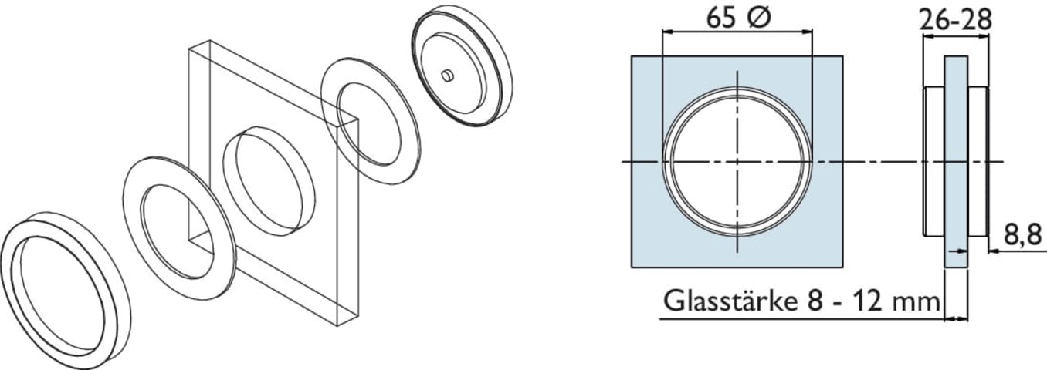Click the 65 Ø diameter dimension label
point(738,18)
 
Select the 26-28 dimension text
point(955,21)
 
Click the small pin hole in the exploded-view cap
point(448,75)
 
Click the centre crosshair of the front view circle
point(737,161)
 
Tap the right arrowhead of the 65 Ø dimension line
point(807,32)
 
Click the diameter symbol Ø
point(759,18)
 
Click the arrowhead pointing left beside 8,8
point(994,251)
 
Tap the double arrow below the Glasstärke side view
point(957,319)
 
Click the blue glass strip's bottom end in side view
point(957,267)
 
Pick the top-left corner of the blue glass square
point(632,56)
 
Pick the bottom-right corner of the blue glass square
point(842,267)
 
